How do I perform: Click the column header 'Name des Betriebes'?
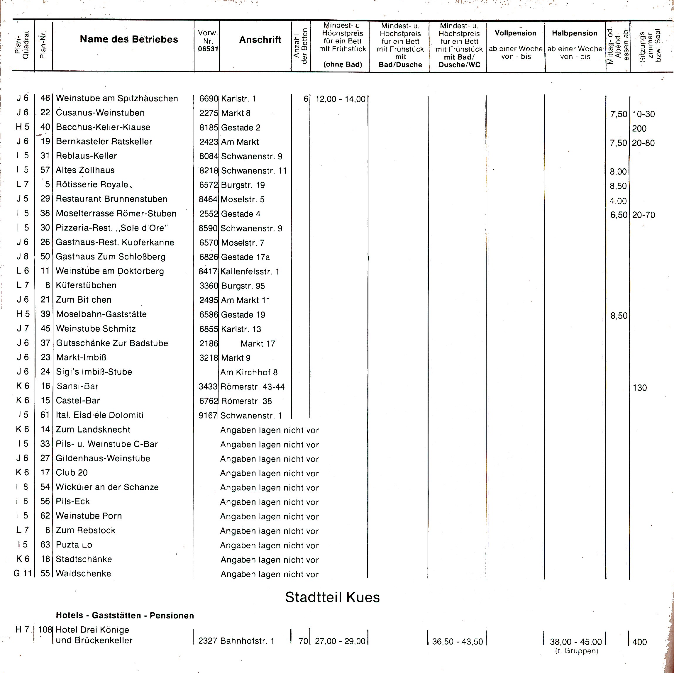[x=129, y=39]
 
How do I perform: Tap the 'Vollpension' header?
[x=515, y=33]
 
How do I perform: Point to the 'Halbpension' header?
[x=575, y=33]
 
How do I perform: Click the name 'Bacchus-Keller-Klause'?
[x=103, y=127]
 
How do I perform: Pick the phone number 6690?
[x=209, y=99]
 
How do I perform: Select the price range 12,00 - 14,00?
[x=340, y=99]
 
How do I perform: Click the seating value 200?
[x=639, y=129]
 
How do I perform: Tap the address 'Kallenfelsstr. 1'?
[x=250, y=272]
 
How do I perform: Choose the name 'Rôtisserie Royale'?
[x=92, y=184]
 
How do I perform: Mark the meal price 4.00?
[x=618, y=201]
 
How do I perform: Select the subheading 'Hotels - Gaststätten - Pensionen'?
[x=125, y=616]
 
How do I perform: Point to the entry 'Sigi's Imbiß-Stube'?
[x=94, y=372]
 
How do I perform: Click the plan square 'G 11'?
[x=22, y=573]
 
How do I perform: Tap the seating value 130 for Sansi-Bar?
[x=639, y=388]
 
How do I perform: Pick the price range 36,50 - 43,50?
[x=457, y=641]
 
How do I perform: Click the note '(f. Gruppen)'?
[x=576, y=651]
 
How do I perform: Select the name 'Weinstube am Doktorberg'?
[x=109, y=271]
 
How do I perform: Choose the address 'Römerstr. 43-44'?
[x=252, y=386]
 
